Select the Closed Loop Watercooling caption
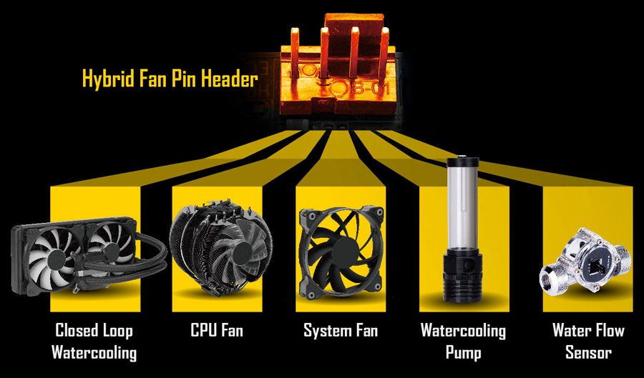pyautogui.click(x=94, y=341)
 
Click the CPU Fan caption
pyautogui.click(x=217, y=330)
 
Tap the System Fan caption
pyautogui.click(x=341, y=330)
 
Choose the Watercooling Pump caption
pyautogui.click(x=463, y=341)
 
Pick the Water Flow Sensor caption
pyautogui.click(x=588, y=341)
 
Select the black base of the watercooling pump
pyautogui.click(x=462, y=278)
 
